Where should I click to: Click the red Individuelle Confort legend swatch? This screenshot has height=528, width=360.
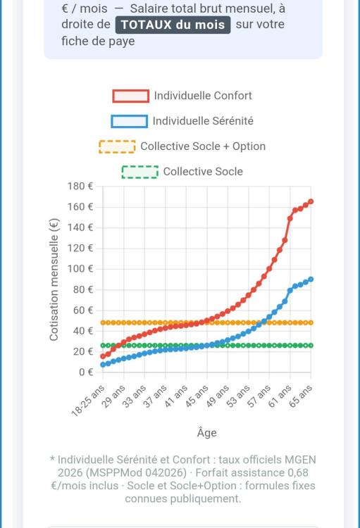[x=131, y=96]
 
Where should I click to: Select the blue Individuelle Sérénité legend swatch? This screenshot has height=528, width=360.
[x=130, y=121]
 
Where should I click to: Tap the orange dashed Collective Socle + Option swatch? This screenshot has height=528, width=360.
[x=118, y=146]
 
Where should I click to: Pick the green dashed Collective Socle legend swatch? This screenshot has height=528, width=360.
[x=140, y=172]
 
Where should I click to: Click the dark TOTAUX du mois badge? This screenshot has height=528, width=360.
[x=173, y=25]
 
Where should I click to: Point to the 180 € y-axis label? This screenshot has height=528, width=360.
[x=80, y=187]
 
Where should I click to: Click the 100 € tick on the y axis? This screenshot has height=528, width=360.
[x=80, y=269]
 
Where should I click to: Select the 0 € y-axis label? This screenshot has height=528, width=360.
[x=86, y=372]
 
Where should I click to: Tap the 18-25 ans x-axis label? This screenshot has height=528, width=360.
[x=88, y=401]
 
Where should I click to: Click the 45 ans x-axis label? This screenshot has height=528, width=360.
[x=197, y=396]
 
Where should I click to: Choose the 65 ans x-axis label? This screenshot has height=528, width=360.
[x=301, y=396]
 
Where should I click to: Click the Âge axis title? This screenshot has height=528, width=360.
[x=206, y=432]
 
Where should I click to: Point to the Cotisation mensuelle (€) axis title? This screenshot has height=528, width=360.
[x=54, y=279]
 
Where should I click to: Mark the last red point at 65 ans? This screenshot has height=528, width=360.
[x=311, y=202]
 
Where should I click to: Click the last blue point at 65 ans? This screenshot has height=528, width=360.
[x=311, y=279]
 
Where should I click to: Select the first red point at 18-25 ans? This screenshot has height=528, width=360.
[x=103, y=356]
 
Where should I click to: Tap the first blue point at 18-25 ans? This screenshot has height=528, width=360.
[x=103, y=365]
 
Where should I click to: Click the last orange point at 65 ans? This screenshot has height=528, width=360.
[x=311, y=322]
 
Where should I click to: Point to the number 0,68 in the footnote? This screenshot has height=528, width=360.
[x=297, y=472]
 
